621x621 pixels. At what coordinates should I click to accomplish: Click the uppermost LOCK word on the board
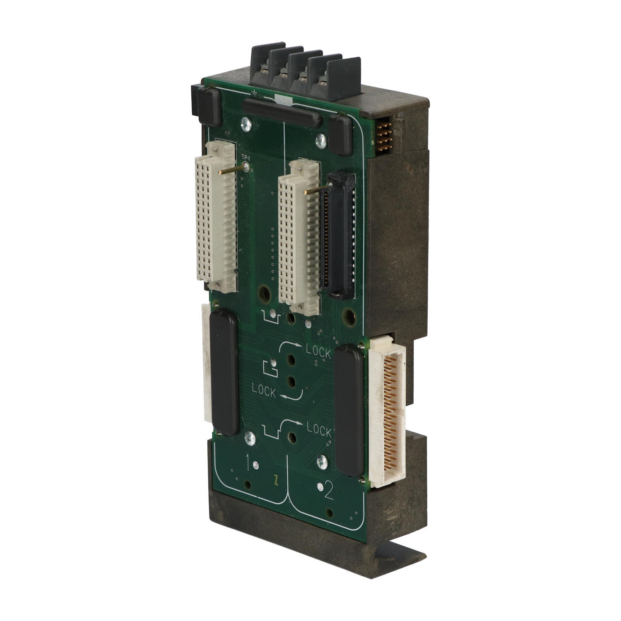click(318, 353)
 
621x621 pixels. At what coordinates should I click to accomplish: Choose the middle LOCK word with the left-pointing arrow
click(264, 390)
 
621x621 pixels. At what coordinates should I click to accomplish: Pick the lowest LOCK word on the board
click(319, 431)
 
